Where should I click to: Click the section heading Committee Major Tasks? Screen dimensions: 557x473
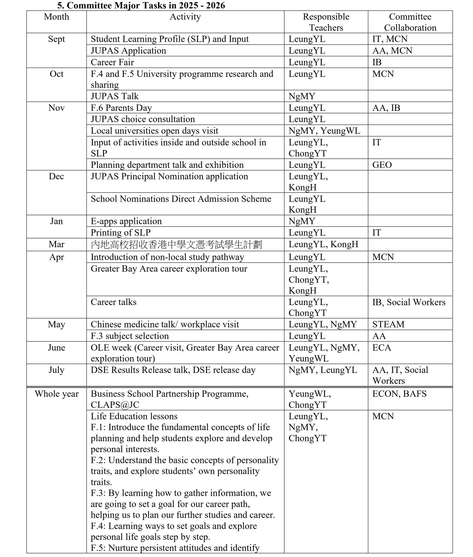141,6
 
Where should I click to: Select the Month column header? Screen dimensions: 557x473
56,17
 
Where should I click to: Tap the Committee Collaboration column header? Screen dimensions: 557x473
410,22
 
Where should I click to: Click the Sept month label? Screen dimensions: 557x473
56,39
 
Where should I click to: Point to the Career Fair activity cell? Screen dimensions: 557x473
112,62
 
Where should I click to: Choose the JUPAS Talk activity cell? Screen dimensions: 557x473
115,96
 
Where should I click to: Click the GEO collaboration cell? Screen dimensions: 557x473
382,165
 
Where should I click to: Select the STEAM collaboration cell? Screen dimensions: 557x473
388,324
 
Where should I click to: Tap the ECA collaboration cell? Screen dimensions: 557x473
381,347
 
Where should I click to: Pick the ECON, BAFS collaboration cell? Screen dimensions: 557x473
399,394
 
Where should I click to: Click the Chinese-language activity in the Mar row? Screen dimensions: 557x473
176,244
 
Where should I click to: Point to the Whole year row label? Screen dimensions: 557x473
57,394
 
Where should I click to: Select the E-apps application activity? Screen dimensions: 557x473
126,221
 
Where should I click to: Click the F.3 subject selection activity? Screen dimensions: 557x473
129,336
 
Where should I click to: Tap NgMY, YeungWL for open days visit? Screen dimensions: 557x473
324,131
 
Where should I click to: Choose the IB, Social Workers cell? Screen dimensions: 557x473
409,302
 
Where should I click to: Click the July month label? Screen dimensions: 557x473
56,370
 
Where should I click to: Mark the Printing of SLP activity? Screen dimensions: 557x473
120,233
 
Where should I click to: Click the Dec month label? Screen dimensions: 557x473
56,176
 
